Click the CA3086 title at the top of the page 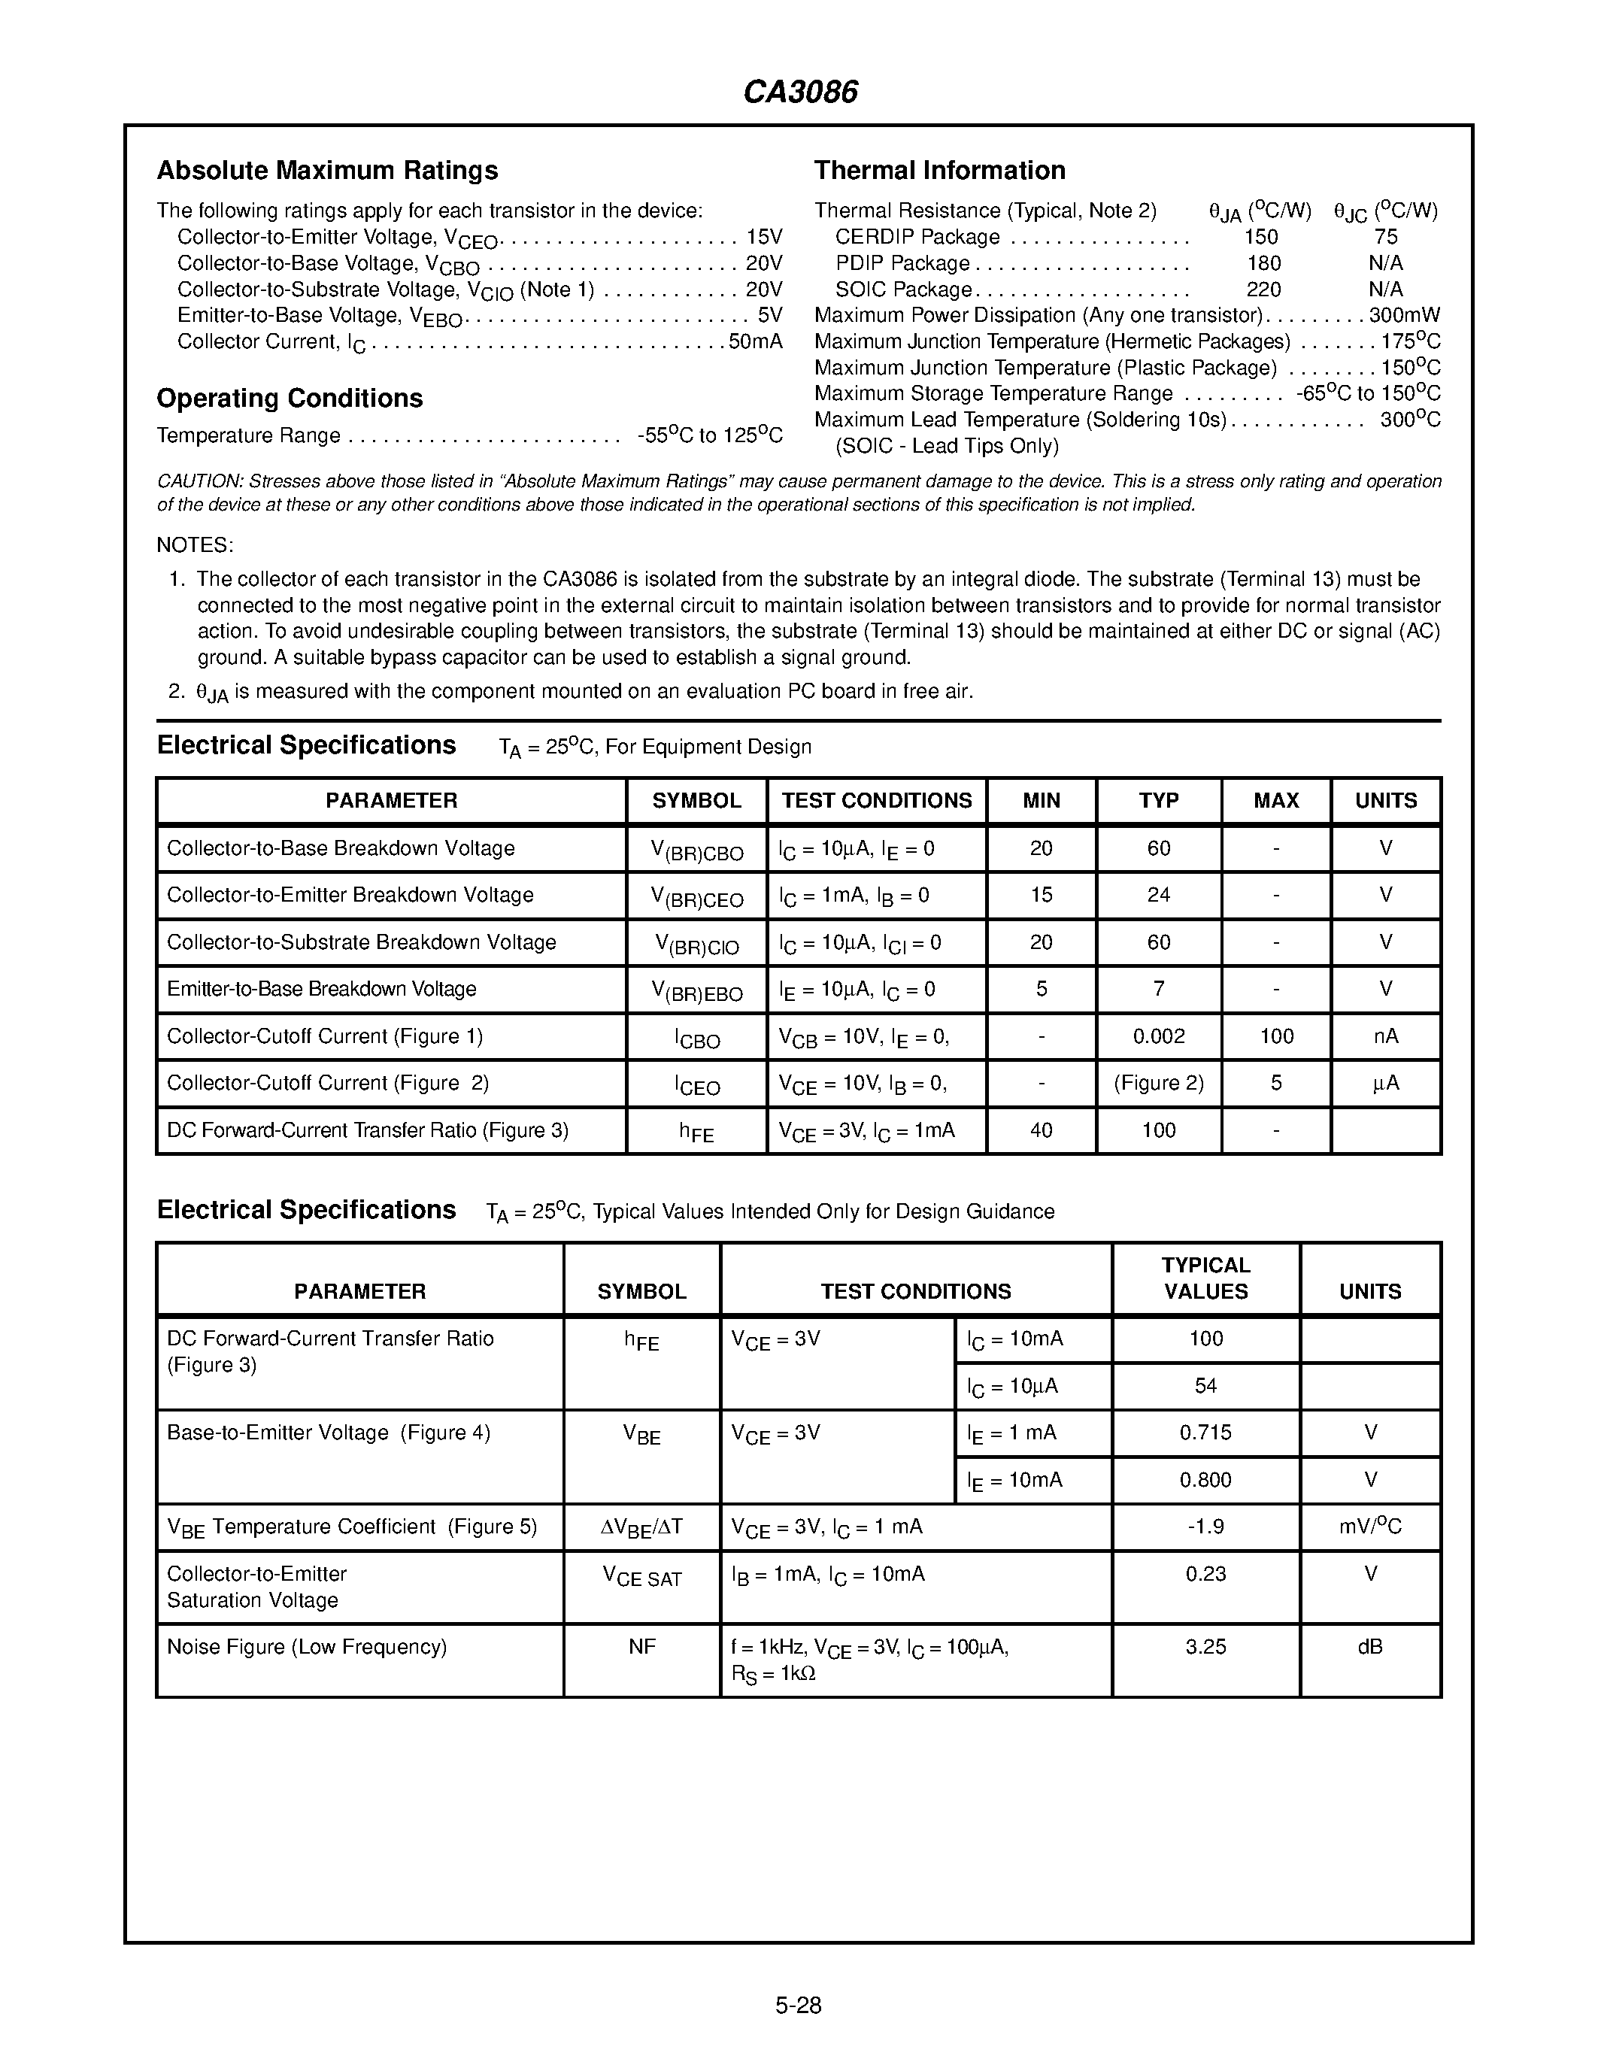point(800,92)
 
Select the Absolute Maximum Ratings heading point(326,171)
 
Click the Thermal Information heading point(939,171)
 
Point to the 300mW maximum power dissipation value point(1404,315)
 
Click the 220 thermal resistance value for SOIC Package point(1263,290)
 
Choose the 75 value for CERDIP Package point(1385,237)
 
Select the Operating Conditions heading point(290,398)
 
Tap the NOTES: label point(194,545)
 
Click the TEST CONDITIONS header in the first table point(877,801)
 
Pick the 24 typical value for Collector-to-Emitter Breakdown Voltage point(1158,895)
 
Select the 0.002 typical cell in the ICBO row point(1158,1036)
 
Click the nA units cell point(1385,1036)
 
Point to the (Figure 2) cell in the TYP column point(1158,1083)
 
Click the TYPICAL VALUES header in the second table point(1205,1278)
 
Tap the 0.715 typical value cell point(1205,1433)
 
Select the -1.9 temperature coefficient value point(1205,1527)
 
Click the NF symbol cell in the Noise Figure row point(642,1647)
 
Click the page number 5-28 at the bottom point(798,2006)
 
